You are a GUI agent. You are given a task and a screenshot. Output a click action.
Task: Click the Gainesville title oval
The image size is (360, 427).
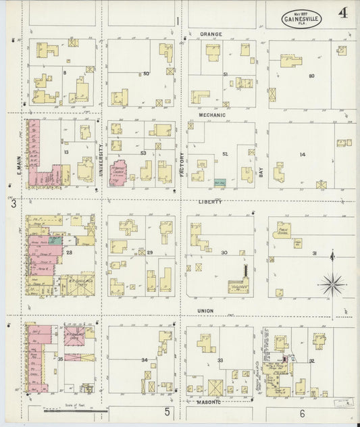pos(301,18)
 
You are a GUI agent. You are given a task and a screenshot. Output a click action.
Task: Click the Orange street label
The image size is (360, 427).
pos(211,33)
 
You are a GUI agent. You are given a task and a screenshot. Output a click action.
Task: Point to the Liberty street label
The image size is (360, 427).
pos(211,201)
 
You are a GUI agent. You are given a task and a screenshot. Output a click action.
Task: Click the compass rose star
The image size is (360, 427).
pos(331,284)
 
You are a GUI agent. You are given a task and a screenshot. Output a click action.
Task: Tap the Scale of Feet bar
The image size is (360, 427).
pos(74,409)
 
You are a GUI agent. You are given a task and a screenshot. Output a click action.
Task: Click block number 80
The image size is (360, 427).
pos(311,76)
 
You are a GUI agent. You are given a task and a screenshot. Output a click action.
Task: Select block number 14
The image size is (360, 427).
pos(302,155)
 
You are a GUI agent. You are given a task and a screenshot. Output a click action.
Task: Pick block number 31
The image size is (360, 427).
pos(314,253)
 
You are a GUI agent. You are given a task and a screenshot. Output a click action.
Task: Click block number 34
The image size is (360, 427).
pos(144,360)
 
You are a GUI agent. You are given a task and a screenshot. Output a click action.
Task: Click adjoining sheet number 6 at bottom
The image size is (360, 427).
pos(302,413)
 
